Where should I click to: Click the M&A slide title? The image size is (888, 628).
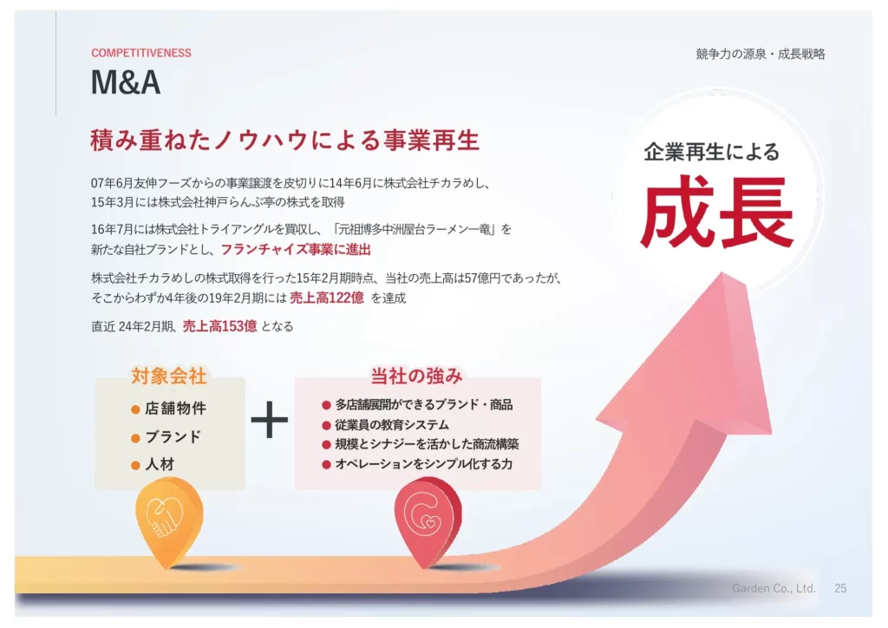click(126, 82)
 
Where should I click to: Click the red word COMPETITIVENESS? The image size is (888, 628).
click(141, 53)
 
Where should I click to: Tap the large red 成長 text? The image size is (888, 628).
click(717, 213)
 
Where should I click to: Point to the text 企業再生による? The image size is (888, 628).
click(712, 152)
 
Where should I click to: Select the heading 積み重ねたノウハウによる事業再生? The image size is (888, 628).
click(284, 140)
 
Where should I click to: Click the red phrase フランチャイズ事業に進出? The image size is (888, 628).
click(296, 249)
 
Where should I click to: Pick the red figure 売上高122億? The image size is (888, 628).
click(327, 298)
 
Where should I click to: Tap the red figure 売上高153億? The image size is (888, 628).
click(219, 326)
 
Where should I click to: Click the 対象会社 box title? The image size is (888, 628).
click(169, 376)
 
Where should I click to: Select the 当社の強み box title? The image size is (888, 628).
click(416, 376)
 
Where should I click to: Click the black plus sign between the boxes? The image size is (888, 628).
click(270, 420)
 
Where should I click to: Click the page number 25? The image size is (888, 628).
click(840, 588)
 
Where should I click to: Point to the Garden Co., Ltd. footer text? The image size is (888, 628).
click(774, 588)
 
